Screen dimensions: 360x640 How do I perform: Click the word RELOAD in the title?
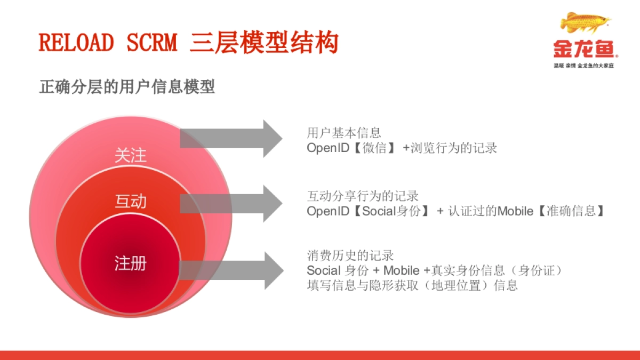76,43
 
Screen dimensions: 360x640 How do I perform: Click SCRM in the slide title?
151,43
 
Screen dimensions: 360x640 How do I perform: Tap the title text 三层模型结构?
264,43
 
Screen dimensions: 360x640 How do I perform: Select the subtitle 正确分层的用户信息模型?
127,87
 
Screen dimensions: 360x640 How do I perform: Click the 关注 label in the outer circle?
130,156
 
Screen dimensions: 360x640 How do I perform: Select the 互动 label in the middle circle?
130,202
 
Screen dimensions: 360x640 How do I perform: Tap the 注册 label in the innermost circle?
130,263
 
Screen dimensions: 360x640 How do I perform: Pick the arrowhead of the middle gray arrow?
272,204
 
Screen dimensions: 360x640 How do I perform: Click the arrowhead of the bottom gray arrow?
272,270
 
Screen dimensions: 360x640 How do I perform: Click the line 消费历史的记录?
350,256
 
